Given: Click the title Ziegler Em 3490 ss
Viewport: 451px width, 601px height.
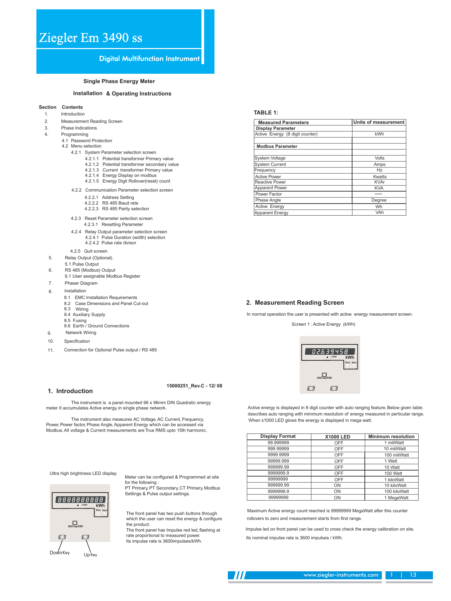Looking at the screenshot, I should point(91,38).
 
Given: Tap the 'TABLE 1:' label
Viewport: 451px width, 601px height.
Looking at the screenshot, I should point(266,113).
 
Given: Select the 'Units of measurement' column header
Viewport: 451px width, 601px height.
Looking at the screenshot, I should point(379,122).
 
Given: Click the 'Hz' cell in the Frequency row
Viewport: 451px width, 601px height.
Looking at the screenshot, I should point(379,170).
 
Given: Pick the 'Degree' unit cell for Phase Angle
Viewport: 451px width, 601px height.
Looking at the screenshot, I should point(379,200).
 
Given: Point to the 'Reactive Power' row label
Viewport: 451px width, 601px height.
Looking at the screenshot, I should point(270,182).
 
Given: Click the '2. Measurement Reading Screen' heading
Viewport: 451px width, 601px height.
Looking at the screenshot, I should point(295,303).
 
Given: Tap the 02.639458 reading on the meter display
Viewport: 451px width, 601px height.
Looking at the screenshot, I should point(330,352).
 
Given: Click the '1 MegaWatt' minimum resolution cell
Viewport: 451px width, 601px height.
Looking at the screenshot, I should point(396,498).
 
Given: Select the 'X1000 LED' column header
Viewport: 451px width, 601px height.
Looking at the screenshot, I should point(337,436).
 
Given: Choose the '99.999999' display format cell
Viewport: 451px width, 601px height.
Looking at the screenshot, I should point(278,443).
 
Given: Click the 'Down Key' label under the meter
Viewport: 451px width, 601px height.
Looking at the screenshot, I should point(59,553).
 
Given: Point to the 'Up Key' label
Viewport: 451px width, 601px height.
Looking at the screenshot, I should point(90,555).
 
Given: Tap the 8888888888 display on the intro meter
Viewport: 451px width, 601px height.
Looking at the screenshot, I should point(80,500).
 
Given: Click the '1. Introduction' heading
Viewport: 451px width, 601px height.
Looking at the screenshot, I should point(70,391).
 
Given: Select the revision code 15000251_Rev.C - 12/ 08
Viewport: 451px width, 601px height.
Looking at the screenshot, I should point(194,386).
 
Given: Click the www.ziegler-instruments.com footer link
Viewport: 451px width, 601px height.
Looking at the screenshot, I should point(341,575).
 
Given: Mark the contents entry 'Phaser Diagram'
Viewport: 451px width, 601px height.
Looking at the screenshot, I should point(81,283).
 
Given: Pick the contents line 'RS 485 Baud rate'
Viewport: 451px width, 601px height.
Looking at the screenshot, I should point(120,203).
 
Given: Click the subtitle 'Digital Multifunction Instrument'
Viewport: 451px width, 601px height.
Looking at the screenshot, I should point(149,59).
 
